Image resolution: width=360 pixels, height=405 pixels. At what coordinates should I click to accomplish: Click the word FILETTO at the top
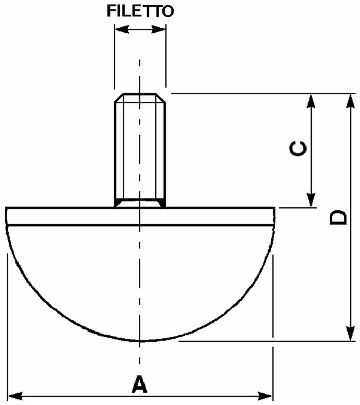(x=140, y=11)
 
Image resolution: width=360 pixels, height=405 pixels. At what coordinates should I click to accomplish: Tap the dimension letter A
(x=139, y=384)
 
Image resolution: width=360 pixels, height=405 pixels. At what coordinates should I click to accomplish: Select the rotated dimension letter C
(x=298, y=149)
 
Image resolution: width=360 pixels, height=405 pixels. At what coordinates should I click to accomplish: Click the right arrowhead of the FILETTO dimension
(x=158, y=29)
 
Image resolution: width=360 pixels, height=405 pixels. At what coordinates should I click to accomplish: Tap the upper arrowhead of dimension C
(x=311, y=101)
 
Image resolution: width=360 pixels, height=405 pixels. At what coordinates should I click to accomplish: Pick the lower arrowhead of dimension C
(x=311, y=200)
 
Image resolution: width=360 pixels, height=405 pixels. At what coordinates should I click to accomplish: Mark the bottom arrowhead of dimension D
(x=350, y=334)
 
